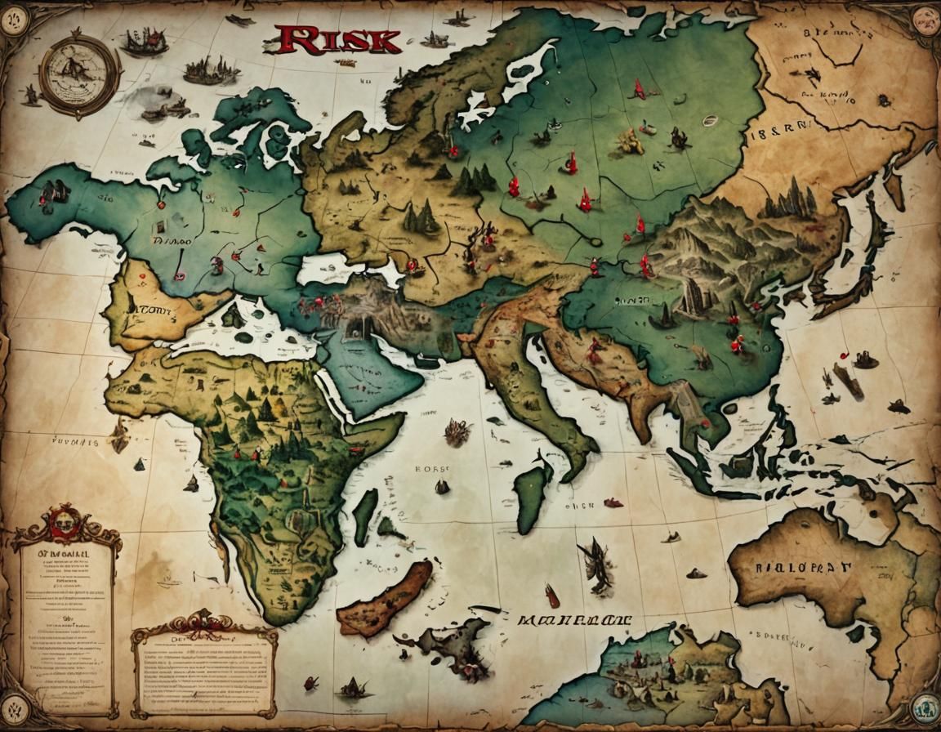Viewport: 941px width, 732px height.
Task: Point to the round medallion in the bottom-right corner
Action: (925, 705)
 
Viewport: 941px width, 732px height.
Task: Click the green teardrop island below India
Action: (532, 493)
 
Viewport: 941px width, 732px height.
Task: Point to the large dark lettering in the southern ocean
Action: (574, 618)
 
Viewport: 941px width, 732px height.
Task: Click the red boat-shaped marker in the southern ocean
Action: (553, 596)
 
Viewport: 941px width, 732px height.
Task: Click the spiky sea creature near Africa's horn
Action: (456, 431)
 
